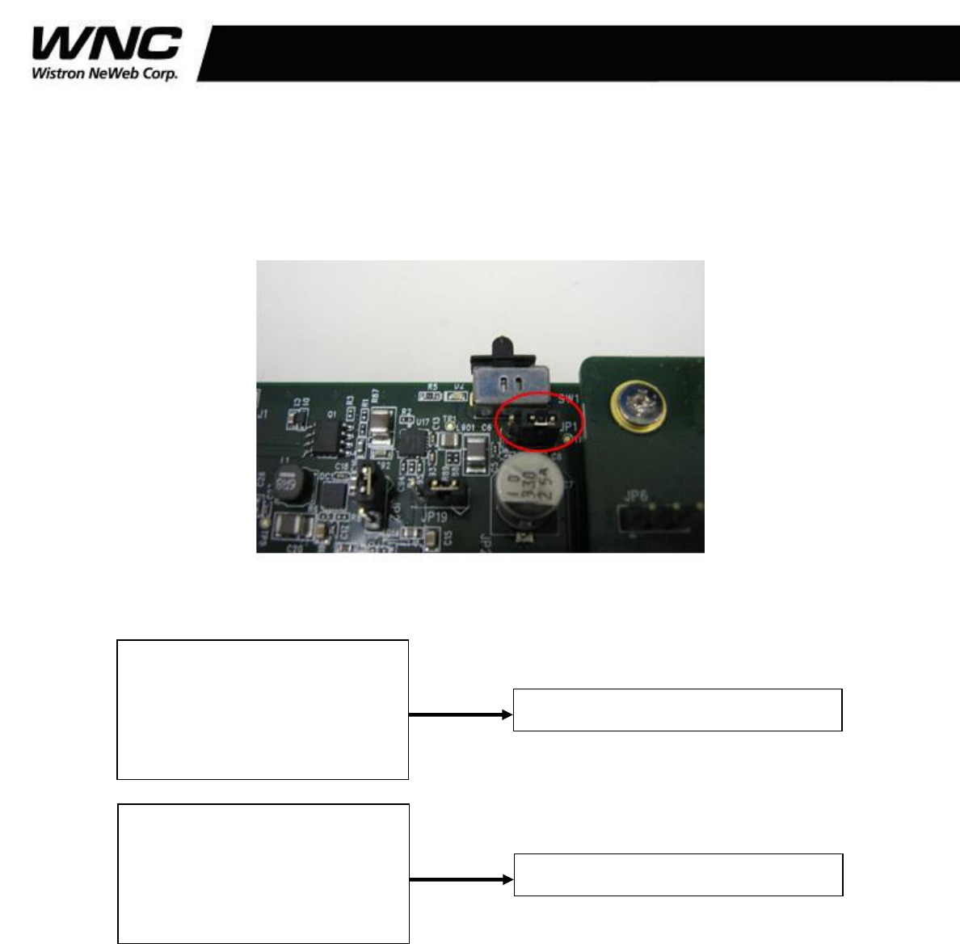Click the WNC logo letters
click(x=106, y=44)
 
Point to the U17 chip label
click(x=423, y=423)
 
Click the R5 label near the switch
click(x=432, y=387)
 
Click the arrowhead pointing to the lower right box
click(x=508, y=879)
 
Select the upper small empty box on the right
click(x=678, y=710)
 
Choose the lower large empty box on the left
click(x=263, y=873)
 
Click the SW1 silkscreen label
click(x=568, y=398)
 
